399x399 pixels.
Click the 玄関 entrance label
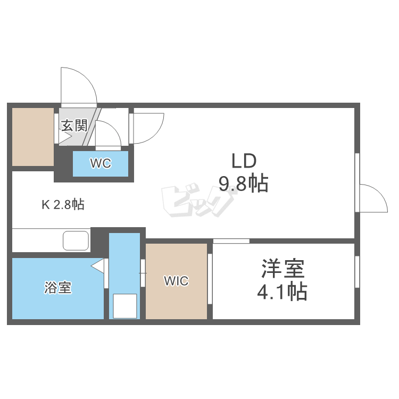click(x=74, y=126)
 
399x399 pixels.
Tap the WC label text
click(x=100, y=163)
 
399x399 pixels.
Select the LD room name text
click(x=244, y=160)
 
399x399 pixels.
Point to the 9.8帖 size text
click(x=243, y=184)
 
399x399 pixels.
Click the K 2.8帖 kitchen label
click(x=63, y=204)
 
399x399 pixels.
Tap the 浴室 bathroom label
click(x=57, y=288)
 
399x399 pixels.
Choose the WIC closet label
click(x=176, y=280)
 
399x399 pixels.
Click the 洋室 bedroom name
click(x=282, y=269)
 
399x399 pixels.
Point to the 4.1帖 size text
click(x=282, y=292)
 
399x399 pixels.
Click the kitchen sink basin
click(x=76, y=240)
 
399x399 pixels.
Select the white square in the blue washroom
click(x=125, y=306)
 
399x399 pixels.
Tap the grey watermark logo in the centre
click(x=198, y=202)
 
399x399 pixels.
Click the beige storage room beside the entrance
click(x=33, y=136)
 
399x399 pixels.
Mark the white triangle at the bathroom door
click(x=98, y=265)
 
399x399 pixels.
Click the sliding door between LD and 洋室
click(x=231, y=241)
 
